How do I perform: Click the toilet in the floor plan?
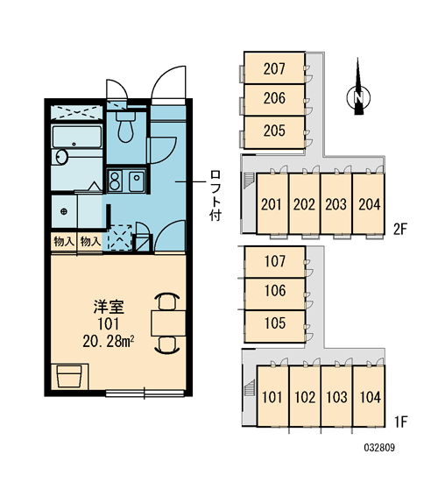pyautogui.click(x=126, y=126)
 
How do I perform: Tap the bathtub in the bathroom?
pyautogui.click(x=77, y=137)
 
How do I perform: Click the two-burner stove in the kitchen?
pyautogui.click(x=115, y=180)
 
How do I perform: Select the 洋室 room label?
pyautogui.click(x=109, y=307)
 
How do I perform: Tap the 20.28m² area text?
pyautogui.click(x=109, y=341)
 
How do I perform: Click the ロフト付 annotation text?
pyautogui.click(x=215, y=195)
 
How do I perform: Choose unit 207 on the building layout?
pyautogui.click(x=274, y=68)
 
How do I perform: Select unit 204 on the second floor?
pyautogui.click(x=369, y=204)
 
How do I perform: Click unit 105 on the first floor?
pyautogui.click(x=275, y=323)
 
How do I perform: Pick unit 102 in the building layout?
pyautogui.click(x=305, y=396)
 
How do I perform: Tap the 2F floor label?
pyautogui.click(x=400, y=229)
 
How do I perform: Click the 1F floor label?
pyautogui.click(x=401, y=422)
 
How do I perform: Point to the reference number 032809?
pyautogui.click(x=379, y=448)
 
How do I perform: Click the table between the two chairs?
pyautogui.click(x=168, y=323)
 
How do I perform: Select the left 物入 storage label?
pyautogui.click(x=64, y=242)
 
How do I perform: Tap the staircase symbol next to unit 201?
pyautogui.click(x=250, y=181)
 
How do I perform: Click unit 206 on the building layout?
pyautogui.click(x=274, y=98)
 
